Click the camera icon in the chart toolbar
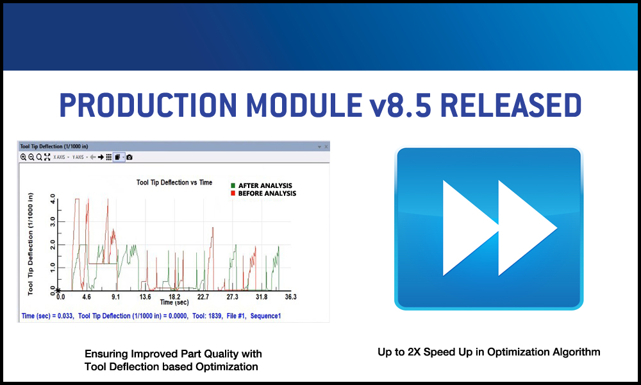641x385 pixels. (129, 157)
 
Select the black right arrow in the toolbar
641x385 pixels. (101, 157)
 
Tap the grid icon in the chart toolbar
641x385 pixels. (109, 157)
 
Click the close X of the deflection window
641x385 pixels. (326, 147)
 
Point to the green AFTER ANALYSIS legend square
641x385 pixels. (233, 185)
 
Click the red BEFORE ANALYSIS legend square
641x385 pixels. (233, 193)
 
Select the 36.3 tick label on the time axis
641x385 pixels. (290, 296)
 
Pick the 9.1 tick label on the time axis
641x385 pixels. (115, 296)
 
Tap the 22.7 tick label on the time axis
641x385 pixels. (203, 296)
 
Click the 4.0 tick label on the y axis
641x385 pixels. (53, 200)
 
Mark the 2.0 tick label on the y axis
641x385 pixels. (53, 244)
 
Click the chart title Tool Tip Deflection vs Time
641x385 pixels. (174, 182)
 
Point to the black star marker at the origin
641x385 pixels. (58, 291)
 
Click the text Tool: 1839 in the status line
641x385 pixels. (208, 316)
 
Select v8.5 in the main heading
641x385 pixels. (400, 105)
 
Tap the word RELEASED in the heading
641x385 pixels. (511, 105)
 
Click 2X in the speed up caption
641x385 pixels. (414, 352)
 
